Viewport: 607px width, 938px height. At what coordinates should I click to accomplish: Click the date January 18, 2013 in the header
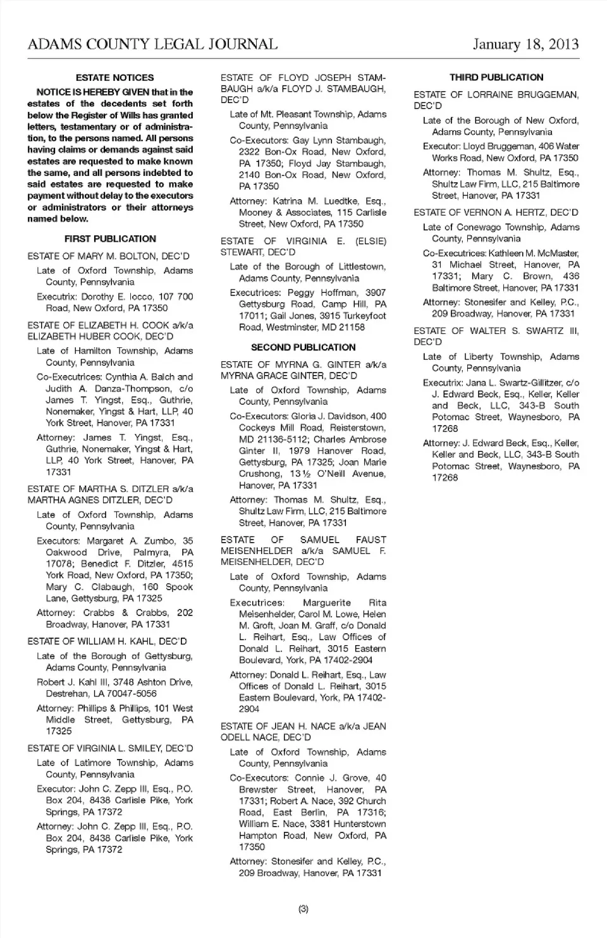525,44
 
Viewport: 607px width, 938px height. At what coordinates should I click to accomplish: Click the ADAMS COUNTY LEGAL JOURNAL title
152,44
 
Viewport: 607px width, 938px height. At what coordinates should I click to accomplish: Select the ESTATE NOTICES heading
114,78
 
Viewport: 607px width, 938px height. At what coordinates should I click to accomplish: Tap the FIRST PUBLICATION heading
110,239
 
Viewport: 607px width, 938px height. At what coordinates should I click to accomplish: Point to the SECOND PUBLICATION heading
303,347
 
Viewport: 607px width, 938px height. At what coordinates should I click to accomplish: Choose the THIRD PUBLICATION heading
496,78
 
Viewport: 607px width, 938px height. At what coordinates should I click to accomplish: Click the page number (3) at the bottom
303,909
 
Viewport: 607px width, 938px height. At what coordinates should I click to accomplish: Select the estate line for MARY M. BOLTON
108,256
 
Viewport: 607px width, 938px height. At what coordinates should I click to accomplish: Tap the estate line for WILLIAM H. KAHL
107,641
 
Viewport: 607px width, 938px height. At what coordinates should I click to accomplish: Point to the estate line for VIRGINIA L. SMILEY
110,748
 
